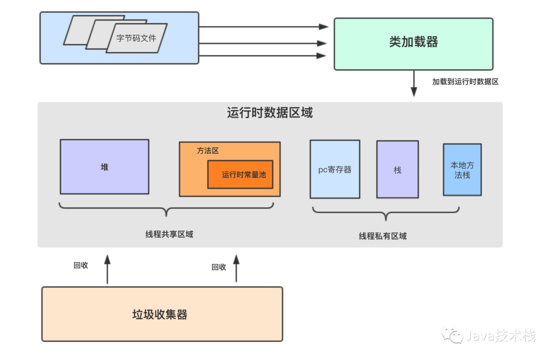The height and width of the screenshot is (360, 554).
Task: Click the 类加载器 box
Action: coord(413,44)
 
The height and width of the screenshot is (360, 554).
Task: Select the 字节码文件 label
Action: coord(136,38)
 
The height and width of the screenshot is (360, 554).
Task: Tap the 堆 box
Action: coord(105,167)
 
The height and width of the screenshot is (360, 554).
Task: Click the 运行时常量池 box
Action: coord(240,174)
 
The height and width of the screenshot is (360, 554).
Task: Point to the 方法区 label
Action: coord(208,151)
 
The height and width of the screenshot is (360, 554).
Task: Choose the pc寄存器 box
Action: coord(335,169)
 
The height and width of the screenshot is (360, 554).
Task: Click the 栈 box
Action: coord(398,170)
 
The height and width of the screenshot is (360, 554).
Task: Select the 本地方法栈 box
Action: coord(462,170)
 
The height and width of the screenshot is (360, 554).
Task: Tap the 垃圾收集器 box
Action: coord(162,314)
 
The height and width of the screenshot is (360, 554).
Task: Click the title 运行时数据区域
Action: coord(270,113)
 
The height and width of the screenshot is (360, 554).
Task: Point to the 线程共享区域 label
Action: coord(169,234)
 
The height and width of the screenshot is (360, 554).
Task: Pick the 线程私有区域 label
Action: coord(383,236)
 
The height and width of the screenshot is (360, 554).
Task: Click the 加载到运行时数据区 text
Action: coord(465,82)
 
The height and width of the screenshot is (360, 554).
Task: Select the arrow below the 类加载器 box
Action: coord(414,84)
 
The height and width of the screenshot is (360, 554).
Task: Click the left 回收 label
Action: coord(81,265)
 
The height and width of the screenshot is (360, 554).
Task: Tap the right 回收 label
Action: coord(219,267)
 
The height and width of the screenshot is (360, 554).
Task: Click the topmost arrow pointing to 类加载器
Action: coord(264,27)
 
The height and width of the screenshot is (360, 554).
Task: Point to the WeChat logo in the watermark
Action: coord(452,334)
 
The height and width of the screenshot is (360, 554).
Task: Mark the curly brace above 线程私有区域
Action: coord(386,213)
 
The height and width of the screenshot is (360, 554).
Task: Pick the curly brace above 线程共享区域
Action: coord(166,208)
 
